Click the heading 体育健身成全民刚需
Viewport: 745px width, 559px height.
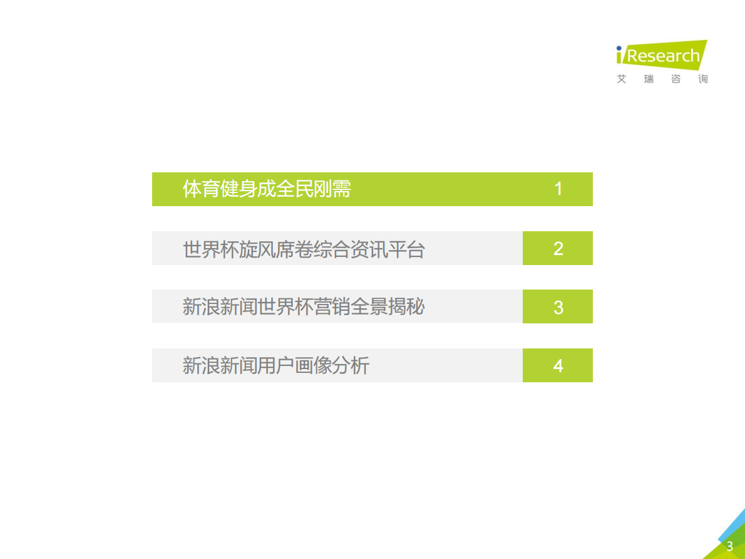point(267,189)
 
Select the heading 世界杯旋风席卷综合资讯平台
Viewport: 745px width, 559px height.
point(304,249)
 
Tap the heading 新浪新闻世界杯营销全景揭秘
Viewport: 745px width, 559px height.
point(304,307)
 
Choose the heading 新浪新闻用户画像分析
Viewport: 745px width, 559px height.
point(276,365)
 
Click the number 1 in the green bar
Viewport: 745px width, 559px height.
point(558,189)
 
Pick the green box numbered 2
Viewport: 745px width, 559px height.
point(558,249)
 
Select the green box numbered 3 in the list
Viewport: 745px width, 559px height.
point(558,307)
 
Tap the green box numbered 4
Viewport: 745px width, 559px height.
point(558,365)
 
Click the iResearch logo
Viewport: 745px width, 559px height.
point(662,56)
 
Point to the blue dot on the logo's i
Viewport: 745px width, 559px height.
point(619,48)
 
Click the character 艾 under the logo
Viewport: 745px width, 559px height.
point(622,80)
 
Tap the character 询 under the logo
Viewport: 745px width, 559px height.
point(703,80)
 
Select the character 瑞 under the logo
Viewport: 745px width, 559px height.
point(649,80)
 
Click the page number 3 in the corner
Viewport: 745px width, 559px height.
point(729,546)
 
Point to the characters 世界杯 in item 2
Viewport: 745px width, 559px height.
point(210,249)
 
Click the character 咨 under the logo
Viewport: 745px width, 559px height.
point(676,80)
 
